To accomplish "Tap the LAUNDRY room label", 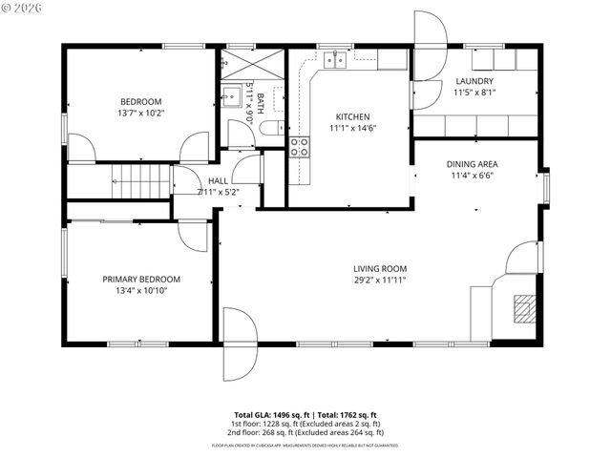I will pos(474,82).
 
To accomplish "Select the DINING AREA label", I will pos(473,164).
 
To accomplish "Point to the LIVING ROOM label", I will pos(380,269).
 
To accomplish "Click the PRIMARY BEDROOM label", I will pos(141,280).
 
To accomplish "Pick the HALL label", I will pos(218,180).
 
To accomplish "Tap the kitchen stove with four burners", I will pos(299,147).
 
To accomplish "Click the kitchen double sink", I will pos(334,60).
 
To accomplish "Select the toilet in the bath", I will pos(271,129).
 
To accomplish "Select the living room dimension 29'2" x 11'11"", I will pos(380,281).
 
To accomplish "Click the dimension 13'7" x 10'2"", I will pos(140,114).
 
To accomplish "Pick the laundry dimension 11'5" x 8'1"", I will pos(474,94).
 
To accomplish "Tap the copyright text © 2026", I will pos(23,10).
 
